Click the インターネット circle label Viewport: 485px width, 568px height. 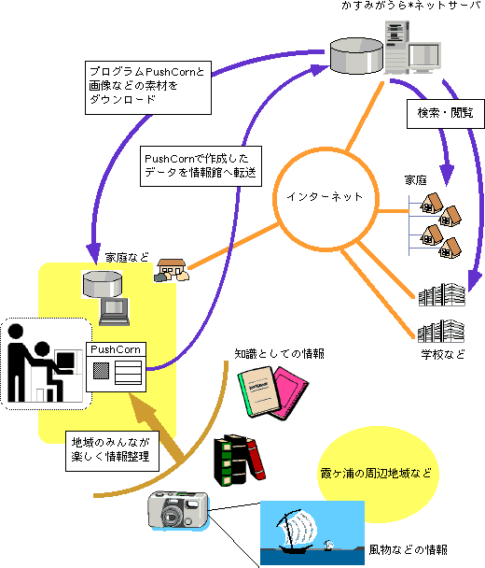pos(325,197)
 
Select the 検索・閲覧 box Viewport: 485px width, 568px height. pos(446,114)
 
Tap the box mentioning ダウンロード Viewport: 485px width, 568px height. pos(148,88)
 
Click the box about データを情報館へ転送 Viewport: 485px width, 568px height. pos(201,166)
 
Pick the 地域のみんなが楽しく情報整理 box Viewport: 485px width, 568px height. pos(112,451)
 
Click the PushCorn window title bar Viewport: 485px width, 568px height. pos(116,349)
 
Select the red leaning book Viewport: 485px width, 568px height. pos(256,459)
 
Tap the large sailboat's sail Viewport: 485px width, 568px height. pos(299,528)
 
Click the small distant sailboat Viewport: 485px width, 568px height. pos(328,545)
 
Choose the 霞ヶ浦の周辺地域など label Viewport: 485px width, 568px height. pos(376,474)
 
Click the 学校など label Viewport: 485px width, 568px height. pos(443,354)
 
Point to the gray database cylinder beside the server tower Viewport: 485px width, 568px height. pos(356,55)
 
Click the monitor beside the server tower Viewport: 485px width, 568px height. pos(425,57)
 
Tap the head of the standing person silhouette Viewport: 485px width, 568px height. pos(16,332)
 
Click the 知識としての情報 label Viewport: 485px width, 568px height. pos(279,353)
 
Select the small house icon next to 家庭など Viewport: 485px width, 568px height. pos(172,270)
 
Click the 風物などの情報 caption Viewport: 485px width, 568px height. pos(408,550)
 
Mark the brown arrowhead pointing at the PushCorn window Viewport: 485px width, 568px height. pos(143,409)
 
